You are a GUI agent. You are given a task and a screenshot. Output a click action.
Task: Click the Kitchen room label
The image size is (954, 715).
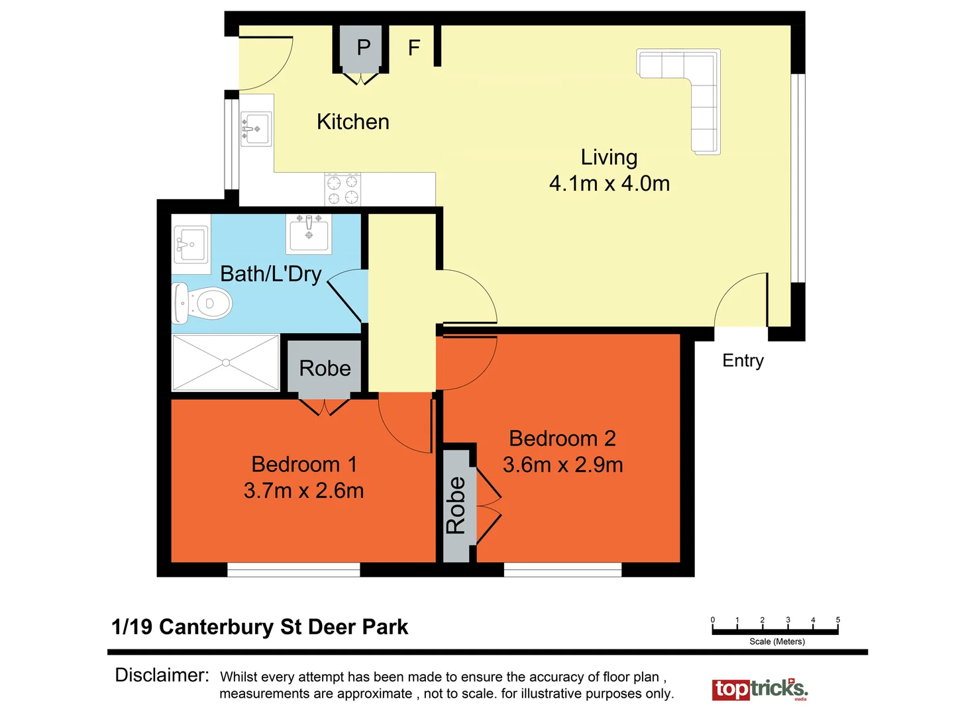(352, 122)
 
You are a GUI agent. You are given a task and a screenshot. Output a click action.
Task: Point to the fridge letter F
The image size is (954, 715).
(414, 48)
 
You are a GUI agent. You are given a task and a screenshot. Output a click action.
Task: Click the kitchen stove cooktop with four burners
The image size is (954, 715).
(343, 189)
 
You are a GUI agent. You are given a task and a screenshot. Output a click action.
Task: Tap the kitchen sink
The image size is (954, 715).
(255, 128)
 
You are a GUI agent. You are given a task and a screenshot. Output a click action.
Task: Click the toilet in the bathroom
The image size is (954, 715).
(203, 304)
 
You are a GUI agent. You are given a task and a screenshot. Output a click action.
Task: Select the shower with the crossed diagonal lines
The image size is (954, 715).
(226, 362)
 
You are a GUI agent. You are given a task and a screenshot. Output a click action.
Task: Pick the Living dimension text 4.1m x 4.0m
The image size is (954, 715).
(609, 183)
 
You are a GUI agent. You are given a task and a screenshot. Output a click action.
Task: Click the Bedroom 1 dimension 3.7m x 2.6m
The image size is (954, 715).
(303, 491)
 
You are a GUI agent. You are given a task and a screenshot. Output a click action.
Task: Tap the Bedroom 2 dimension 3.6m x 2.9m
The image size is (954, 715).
(562, 465)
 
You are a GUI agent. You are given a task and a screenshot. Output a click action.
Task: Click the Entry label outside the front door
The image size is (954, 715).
(743, 361)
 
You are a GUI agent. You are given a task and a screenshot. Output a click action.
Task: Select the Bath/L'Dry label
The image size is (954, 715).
(270, 273)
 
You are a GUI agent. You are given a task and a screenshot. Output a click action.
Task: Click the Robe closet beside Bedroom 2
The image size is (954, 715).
(456, 505)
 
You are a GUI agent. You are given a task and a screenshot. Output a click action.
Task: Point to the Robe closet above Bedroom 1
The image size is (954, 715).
(325, 368)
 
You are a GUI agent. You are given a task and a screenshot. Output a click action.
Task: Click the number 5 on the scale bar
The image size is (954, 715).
(837, 620)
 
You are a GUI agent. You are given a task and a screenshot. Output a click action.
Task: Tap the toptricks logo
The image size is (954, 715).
(760, 689)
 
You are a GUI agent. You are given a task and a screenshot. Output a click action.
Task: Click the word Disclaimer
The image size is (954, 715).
(162, 675)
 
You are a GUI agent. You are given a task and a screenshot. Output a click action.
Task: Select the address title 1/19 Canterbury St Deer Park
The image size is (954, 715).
(260, 627)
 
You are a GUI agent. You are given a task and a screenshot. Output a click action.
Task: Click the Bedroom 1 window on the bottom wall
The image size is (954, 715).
(293, 569)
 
